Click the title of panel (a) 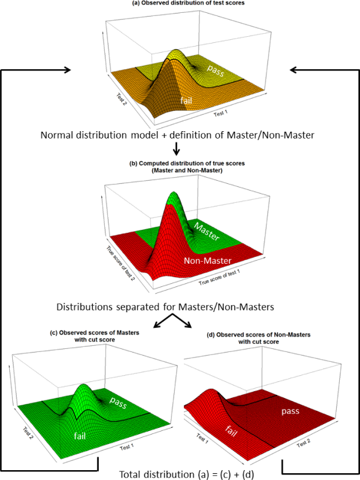pos(188,3)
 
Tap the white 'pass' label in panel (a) pos(216,70)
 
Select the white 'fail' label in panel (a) pos(186,100)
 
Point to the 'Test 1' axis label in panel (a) pos(221,113)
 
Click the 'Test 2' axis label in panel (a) pos(121,99)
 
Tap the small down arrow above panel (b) pos(176,149)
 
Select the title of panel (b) pos(187,167)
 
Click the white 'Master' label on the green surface pos(207,232)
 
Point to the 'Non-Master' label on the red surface pos(207,261)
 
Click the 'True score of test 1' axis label pos(220,277)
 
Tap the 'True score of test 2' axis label pos(120,263)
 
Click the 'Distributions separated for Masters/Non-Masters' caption pos(165,307)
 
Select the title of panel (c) pos(94,336)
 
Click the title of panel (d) pos(259,338)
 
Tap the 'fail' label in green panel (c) pos(80,435)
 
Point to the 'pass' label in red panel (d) pos(290,411)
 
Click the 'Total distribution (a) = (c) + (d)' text pos(186,474)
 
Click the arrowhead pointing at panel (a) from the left pos(68,70)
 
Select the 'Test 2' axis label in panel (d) pos(304,443)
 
